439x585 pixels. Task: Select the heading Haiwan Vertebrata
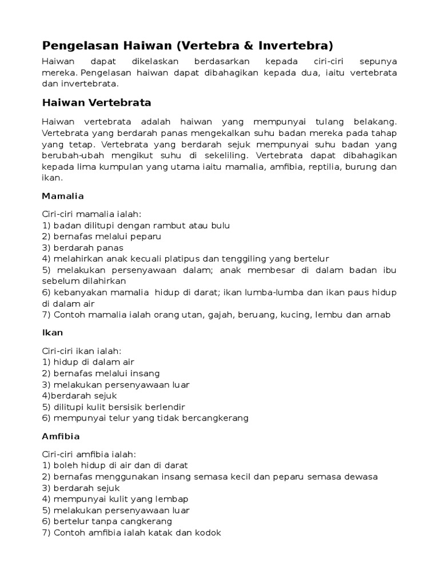tap(96, 103)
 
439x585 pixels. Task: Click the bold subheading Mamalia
tap(63, 196)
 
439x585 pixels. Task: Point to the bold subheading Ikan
tap(53, 332)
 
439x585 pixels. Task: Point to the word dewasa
tap(361, 476)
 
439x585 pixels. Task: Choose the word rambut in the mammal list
tap(162, 225)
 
